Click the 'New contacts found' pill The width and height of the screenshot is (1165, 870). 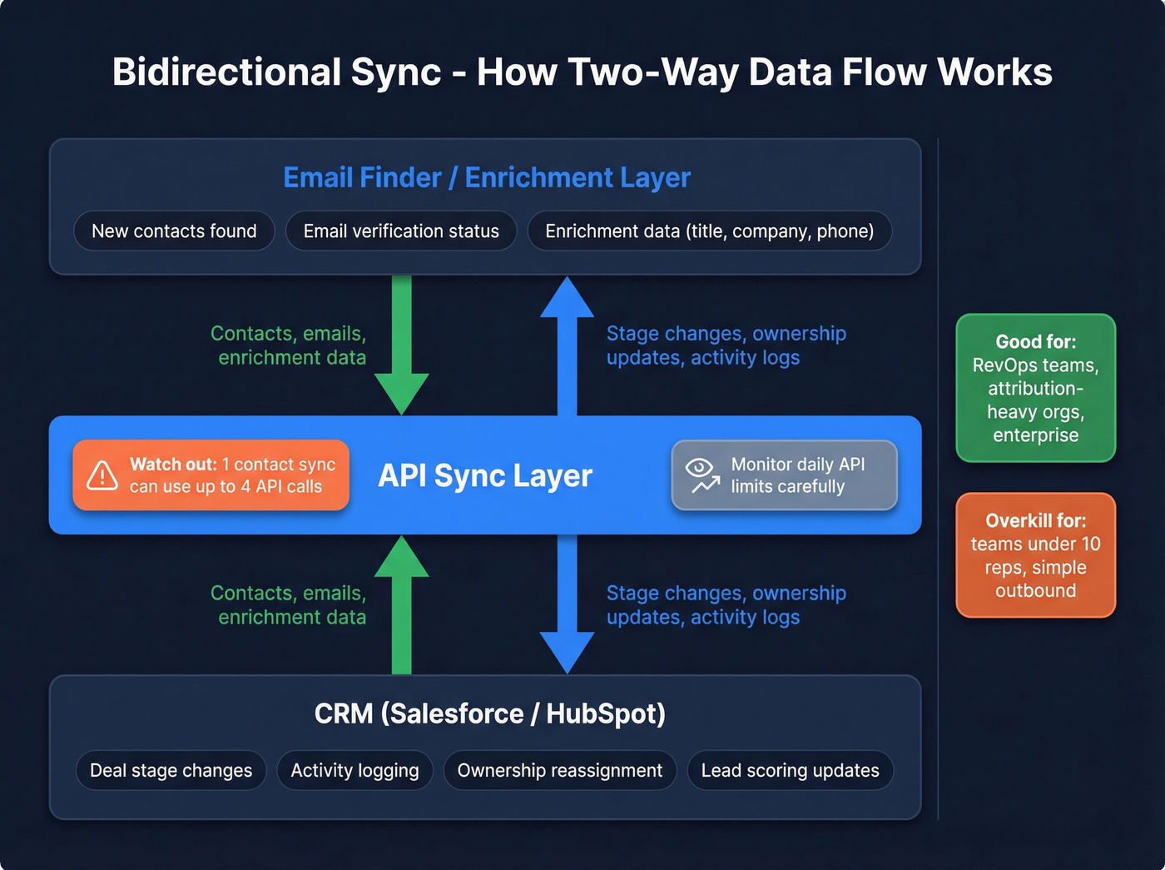pyautogui.click(x=174, y=231)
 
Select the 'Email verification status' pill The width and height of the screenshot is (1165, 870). pyautogui.click(x=401, y=231)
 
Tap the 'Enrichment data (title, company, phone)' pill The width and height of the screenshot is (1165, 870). pyautogui.click(x=709, y=231)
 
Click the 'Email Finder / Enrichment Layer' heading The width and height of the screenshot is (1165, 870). pyautogui.click(x=487, y=177)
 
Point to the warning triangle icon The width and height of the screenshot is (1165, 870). pyautogui.click(x=102, y=475)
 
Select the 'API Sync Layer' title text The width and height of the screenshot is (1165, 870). pyautogui.click(x=485, y=475)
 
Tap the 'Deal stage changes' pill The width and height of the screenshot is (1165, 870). pyautogui.click(x=171, y=771)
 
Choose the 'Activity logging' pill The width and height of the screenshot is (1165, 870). pyautogui.click(x=354, y=771)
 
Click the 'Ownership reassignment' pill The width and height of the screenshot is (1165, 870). pyautogui.click(x=559, y=771)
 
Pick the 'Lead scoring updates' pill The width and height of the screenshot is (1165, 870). pyautogui.click(x=790, y=771)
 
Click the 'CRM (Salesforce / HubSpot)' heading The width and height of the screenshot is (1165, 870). pyautogui.click(x=489, y=714)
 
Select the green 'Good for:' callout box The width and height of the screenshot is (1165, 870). pyautogui.click(x=1035, y=388)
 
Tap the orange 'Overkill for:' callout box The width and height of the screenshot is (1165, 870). pyautogui.click(x=1035, y=555)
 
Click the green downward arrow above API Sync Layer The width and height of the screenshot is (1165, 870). pyautogui.click(x=401, y=346)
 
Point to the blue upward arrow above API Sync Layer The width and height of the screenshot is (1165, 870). pyautogui.click(x=567, y=346)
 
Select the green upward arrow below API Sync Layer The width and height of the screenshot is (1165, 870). pyautogui.click(x=401, y=604)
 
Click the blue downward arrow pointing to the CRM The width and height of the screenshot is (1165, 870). pyautogui.click(x=567, y=604)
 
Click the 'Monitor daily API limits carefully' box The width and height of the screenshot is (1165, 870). pyautogui.click(x=784, y=475)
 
